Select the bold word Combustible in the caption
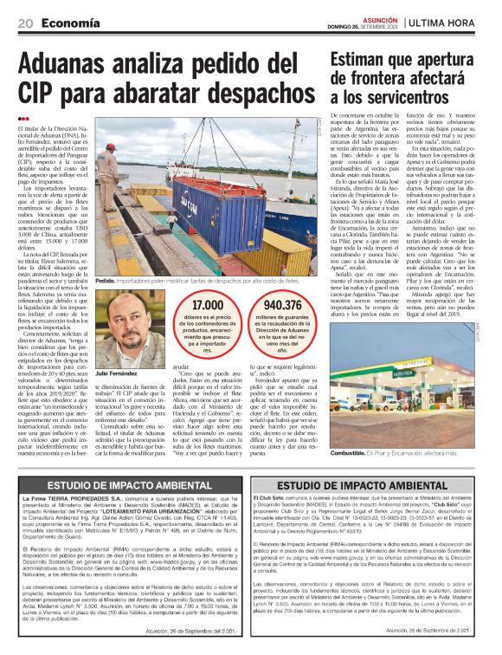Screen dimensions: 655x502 tap(353, 452)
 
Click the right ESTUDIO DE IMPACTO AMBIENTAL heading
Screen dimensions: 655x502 tap(373, 487)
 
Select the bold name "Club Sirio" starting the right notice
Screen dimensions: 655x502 tap(274, 501)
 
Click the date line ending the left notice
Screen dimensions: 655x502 tap(196, 631)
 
